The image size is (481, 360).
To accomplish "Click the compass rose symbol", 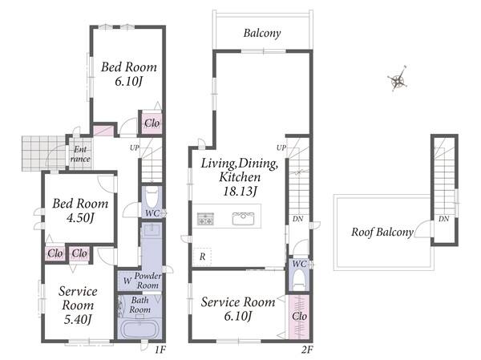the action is (x=398, y=79).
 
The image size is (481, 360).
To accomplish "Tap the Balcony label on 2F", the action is (x=262, y=33).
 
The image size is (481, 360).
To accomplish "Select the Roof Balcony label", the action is (x=382, y=233).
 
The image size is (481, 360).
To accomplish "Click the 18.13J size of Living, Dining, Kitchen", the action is (x=240, y=192).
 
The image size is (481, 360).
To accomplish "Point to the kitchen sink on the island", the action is (x=243, y=218).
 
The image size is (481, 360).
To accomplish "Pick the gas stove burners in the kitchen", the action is (x=205, y=219).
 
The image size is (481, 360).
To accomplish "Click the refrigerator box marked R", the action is (x=202, y=257).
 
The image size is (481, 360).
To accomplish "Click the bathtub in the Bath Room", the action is (x=139, y=329).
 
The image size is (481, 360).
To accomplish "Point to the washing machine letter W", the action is (x=127, y=281).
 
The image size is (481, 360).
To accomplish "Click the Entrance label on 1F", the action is (x=80, y=154).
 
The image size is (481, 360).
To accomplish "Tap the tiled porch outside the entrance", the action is (x=44, y=153).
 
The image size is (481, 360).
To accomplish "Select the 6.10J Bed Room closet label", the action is (x=152, y=123).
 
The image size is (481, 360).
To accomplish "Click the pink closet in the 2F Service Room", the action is (x=299, y=317).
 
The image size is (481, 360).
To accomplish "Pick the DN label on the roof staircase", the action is (x=443, y=219).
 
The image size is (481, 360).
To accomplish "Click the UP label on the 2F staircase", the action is (x=281, y=148).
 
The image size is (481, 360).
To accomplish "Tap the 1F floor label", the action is (x=160, y=350).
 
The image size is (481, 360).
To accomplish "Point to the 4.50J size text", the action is (x=80, y=218).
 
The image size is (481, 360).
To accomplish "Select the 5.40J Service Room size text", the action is (x=78, y=320).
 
